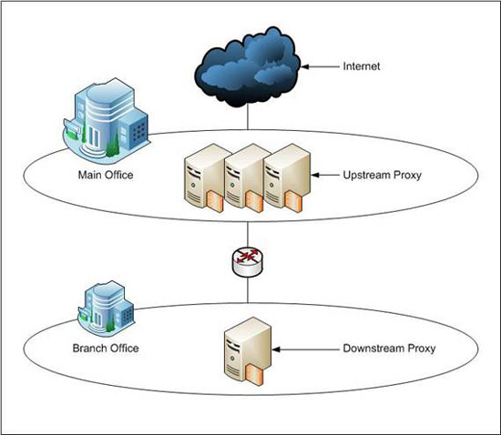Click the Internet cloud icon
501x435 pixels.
point(247,67)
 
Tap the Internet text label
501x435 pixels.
point(362,66)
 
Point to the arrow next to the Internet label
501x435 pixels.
point(320,66)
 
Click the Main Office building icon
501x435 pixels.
point(107,118)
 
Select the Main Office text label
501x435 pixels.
point(106,175)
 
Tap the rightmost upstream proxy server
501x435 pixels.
point(287,177)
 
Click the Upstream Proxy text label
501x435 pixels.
point(383,176)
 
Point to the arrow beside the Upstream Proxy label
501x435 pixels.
point(324,176)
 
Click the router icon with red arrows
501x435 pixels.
point(248,262)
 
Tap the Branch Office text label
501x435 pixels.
point(106,349)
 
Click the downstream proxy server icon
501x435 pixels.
point(248,351)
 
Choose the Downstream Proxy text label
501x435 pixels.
point(389,349)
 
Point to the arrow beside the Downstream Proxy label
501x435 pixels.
point(305,349)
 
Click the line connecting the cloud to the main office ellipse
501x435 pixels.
point(248,117)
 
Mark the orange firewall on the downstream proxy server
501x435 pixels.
point(254,374)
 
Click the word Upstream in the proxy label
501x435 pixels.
point(366,176)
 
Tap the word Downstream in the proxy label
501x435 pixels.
point(370,349)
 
